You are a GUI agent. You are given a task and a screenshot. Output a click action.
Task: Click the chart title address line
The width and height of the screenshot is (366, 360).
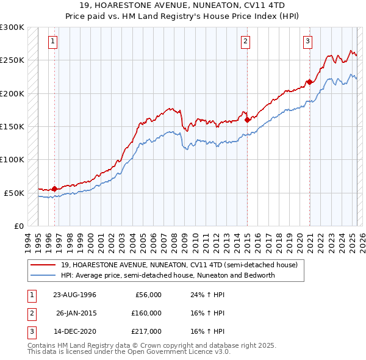click(183, 5)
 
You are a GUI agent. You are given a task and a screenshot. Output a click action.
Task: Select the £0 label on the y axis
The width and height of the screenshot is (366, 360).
click(18, 226)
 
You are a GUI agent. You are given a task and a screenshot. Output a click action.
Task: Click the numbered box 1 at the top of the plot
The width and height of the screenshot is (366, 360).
click(53, 41)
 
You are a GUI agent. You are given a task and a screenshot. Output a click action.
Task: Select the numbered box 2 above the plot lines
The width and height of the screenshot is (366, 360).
click(245, 41)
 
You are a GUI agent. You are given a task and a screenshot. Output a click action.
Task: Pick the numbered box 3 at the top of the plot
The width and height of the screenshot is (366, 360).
click(308, 41)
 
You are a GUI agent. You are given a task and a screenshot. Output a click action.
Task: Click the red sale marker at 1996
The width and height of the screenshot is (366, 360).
click(54, 189)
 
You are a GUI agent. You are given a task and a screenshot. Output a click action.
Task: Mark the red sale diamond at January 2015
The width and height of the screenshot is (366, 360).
click(247, 120)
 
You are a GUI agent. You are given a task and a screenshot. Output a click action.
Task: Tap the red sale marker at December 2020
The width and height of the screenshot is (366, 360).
click(309, 82)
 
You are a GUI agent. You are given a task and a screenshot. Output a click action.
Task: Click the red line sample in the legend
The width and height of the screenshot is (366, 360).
click(43, 265)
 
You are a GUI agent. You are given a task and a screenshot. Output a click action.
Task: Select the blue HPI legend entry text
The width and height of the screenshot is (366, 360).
click(168, 275)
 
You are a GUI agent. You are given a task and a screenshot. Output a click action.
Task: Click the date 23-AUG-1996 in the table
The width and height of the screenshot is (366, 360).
click(74, 295)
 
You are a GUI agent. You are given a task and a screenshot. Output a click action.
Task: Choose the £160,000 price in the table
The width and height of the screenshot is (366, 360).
click(146, 313)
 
